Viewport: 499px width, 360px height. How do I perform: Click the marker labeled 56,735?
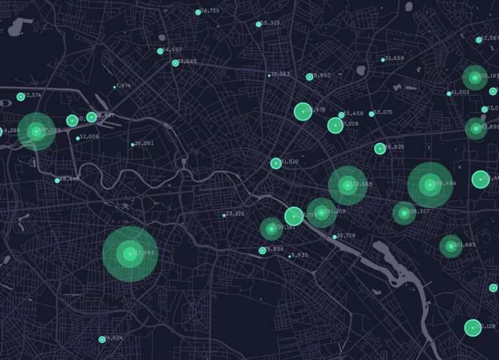[198, 12]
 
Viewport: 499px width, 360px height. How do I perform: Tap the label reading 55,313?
[270, 23]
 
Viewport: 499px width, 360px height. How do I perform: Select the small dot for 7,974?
[115, 87]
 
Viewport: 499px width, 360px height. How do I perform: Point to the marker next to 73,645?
[175, 63]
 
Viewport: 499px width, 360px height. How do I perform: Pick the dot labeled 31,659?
[383, 60]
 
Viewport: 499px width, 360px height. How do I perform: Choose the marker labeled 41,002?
[449, 94]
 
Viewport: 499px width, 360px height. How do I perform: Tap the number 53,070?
[383, 112]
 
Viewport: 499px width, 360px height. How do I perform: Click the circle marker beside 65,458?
[341, 115]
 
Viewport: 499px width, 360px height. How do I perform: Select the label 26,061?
[144, 144]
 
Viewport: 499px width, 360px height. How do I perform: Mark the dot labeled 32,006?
[78, 138]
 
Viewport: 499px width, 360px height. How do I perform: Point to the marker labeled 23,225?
[224, 215]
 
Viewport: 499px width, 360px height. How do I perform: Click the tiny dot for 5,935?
[290, 256]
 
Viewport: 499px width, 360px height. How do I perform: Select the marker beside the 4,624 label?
[102, 339]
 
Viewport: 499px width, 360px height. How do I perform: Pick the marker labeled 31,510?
[275, 163]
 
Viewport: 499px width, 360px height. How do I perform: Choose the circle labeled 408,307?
[403, 212]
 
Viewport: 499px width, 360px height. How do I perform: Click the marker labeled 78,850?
[309, 77]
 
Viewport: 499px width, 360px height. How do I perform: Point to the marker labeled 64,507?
[160, 51]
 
